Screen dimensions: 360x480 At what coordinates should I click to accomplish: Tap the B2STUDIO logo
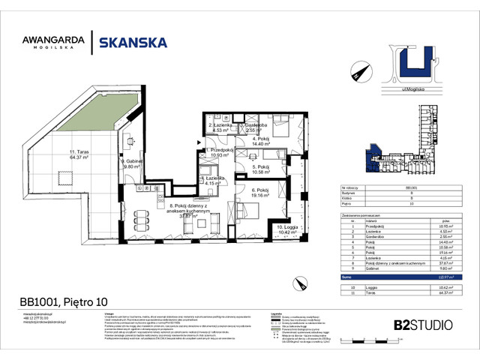[421, 325]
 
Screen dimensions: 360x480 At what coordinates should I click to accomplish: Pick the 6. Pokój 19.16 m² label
[260, 193]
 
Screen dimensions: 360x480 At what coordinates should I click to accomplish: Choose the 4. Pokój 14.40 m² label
[260, 143]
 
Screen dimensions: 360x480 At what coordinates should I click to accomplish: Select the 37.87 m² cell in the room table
[444, 263]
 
